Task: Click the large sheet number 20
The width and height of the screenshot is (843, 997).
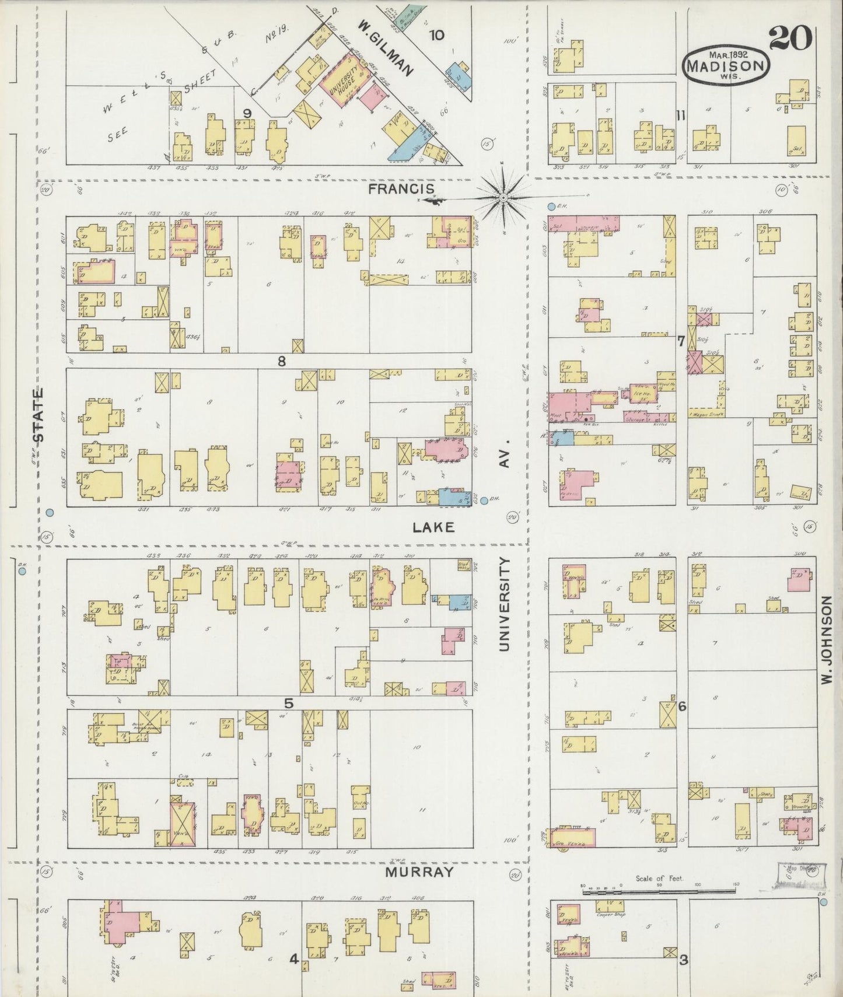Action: coord(790,39)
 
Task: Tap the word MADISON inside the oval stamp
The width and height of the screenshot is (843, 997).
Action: coord(726,65)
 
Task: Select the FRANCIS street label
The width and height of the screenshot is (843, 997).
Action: coord(401,188)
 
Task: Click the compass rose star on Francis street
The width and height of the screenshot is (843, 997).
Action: coord(503,198)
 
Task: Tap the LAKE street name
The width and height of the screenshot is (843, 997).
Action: coord(433,527)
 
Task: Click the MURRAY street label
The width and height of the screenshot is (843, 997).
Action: coord(419,872)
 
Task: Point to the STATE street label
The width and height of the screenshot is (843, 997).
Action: coord(39,415)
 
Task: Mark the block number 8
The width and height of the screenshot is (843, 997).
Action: coord(281,361)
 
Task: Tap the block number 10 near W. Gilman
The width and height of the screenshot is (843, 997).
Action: coord(436,35)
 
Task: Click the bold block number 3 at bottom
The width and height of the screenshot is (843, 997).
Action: coord(683,959)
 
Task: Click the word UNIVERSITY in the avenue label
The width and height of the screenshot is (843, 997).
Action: coord(504,604)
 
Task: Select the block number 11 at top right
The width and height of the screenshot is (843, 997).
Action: coord(680,116)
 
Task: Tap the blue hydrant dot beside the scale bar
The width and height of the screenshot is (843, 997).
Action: coord(823,902)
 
